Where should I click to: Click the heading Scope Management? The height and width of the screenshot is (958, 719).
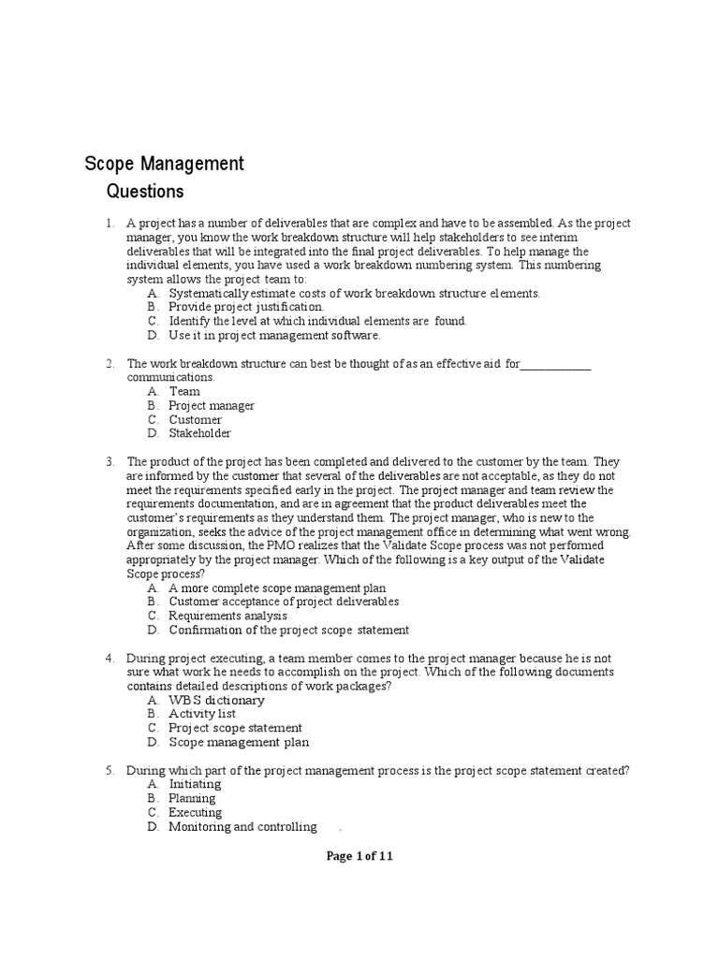click(x=164, y=164)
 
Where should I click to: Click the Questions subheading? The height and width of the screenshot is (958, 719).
click(x=145, y=193)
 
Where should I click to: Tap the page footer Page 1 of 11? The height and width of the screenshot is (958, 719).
click(x=359, y=856)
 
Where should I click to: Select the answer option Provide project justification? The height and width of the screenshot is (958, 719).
click(x=246, y=307)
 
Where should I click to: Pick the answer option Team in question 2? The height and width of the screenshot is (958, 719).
click(x=184, y=391)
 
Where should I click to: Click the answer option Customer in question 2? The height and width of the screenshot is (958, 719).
click(x=195, y=419)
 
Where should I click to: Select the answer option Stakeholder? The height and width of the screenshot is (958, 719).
click(x=199, y=433)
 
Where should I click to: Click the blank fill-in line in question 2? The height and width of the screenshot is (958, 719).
click(x=555, y=365)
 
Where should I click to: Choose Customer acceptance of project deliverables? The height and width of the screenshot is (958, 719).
click(x=284, y=602)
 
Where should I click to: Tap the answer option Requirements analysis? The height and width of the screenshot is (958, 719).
click(x=227, y=616)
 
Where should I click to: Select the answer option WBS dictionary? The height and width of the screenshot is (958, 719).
click(x=216, y=700)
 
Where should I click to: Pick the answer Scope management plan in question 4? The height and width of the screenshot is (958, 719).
click(x=239, y=742)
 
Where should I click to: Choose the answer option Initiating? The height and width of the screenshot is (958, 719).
click(x=195, y=784)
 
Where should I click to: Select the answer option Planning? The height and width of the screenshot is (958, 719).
click(x=192, y=798)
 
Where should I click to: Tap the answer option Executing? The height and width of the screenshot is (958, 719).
click(x=195, y=812)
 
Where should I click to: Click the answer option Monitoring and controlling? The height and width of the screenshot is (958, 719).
click(x=242, y=827)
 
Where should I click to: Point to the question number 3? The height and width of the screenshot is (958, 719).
click(x=110, y=461)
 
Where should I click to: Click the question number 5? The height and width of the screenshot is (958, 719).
click(x=110, y=770)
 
